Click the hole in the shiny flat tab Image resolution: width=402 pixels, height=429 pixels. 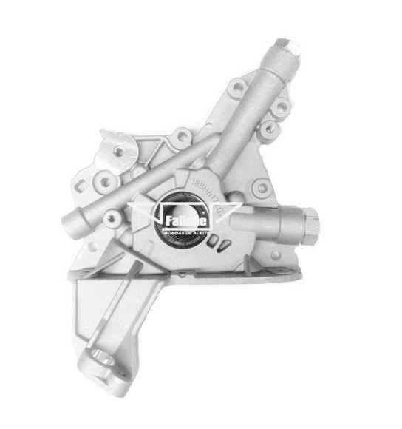pos(119,151)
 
